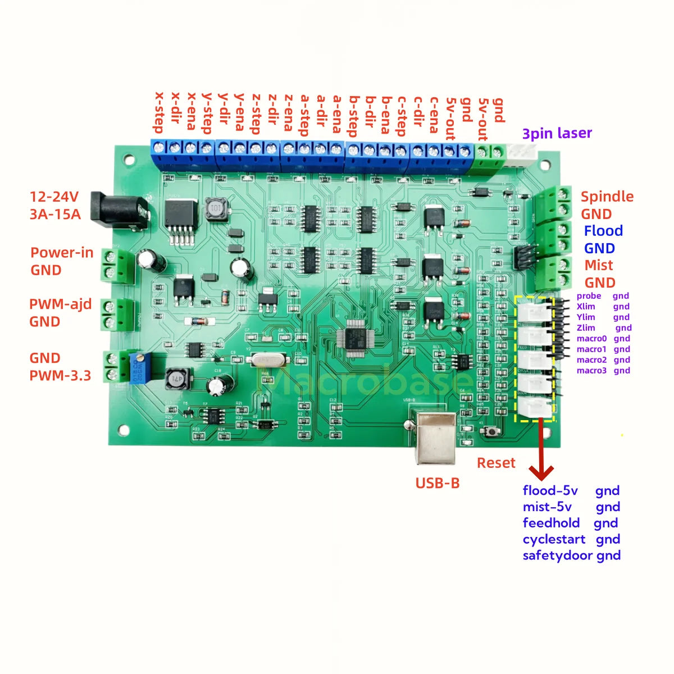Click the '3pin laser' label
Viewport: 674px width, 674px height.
[557, 134]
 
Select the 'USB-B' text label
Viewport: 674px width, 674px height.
[437, 483]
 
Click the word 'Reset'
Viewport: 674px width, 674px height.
[496, 463]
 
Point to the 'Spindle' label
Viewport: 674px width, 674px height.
[607, 197]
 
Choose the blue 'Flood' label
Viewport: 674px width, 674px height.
[603, 231]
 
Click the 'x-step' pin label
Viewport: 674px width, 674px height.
[159, 112]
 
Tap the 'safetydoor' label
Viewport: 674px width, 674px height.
[557, 555]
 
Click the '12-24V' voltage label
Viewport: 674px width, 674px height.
[54, 197]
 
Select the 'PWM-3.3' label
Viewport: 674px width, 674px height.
[60, 376]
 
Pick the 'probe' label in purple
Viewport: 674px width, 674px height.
[589, 296]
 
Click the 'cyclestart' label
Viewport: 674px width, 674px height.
[554, 539]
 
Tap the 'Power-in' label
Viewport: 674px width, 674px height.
[62, 253]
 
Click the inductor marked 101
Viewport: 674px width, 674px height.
[214, 209]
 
